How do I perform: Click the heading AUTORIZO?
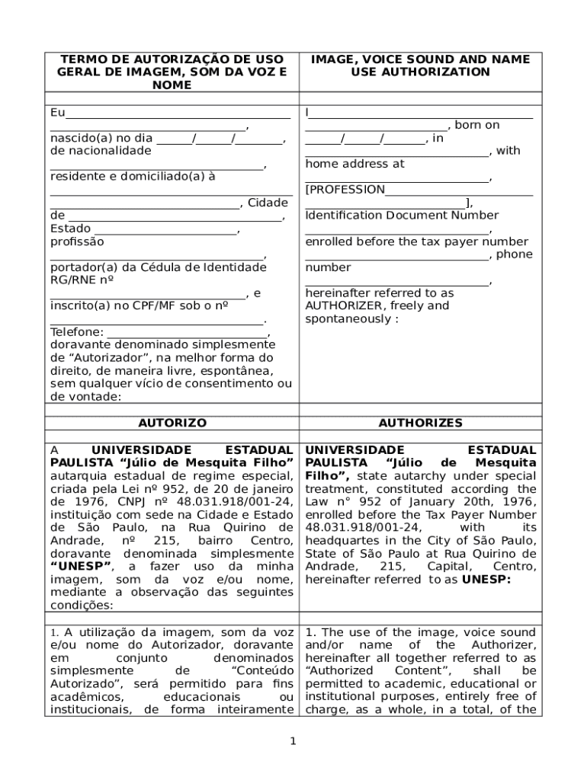pyautogui.click(x=172, y=423)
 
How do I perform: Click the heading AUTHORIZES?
pyautogui.click(x=420, y=423)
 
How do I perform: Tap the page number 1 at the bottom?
pyautogui.click(x=293, y=741)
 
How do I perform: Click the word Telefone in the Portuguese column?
pyautogui.click(x=75, y=332)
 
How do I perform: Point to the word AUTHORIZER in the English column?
pyautogui.click(x=338, y=305)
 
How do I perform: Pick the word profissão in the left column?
pyautogui.click(x=77, y=241)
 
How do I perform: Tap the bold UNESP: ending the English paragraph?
pyautogui.click(x=486, y=579)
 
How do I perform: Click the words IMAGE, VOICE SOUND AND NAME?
pyautogui.click(x=420, y=59)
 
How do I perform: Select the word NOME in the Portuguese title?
pyautogui.click(x=172, y=85)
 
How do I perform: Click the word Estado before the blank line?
pyautogui.click(x=70, y=229)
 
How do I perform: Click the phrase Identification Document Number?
pyautogui.click(x=402, y=215)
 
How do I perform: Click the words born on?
pyautogui.click(x=477, y=125)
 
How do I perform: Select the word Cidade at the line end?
pyautogui.click(x=268, y=203)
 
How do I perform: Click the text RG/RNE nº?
pyautogui.click(x=82, y=280)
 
